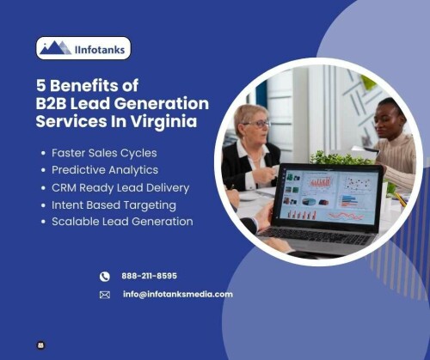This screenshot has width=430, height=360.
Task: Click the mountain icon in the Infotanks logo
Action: point(56,47)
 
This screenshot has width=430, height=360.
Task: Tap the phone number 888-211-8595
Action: point(149,276)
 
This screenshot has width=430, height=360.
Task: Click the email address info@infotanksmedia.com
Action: point(178,294)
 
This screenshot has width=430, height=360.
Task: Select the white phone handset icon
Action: point(105,277)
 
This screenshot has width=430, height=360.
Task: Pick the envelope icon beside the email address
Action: point(105,295)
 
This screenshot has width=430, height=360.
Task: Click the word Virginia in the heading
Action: point(164,121)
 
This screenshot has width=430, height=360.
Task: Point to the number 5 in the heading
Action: point(41,85)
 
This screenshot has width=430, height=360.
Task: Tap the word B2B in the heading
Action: point(51,103)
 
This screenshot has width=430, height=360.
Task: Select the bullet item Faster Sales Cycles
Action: point(104,153)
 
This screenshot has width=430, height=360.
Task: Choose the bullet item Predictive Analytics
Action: point(105,170)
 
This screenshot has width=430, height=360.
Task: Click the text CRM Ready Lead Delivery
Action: point(120,188)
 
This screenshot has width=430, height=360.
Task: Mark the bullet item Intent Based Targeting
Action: point(114,205)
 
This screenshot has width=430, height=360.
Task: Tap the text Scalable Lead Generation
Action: point(122,222)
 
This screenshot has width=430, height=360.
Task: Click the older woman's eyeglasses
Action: point(257,124)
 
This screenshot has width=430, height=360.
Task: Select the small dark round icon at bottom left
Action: point(41,345)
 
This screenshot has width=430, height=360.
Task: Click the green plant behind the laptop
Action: point(338,157)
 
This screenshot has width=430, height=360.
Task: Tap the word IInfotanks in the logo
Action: point(100,50)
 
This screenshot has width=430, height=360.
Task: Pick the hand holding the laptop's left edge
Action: point(264,216)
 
